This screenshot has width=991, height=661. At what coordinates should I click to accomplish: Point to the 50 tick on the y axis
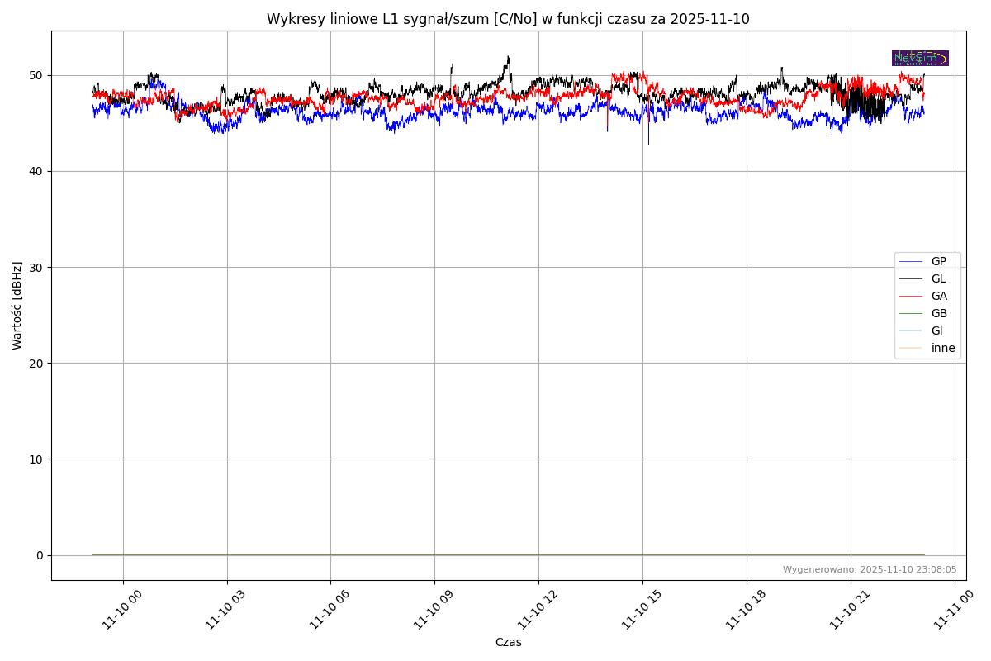point(36,75)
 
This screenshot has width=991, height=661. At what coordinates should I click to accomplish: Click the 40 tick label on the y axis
point(36,171)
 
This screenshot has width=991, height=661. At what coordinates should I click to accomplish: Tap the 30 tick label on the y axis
point(36,267)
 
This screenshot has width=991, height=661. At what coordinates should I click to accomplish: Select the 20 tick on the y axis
point(36,363)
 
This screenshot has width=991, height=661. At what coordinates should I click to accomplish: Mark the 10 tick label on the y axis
point(36,459)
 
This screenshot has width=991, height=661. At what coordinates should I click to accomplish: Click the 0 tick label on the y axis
point(40,555)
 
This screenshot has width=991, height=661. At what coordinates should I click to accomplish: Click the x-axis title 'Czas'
point(508,642)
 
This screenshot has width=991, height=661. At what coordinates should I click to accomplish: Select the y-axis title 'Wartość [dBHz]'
point(17,306)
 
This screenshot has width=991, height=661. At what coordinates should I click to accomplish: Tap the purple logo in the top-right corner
point(920,58)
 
